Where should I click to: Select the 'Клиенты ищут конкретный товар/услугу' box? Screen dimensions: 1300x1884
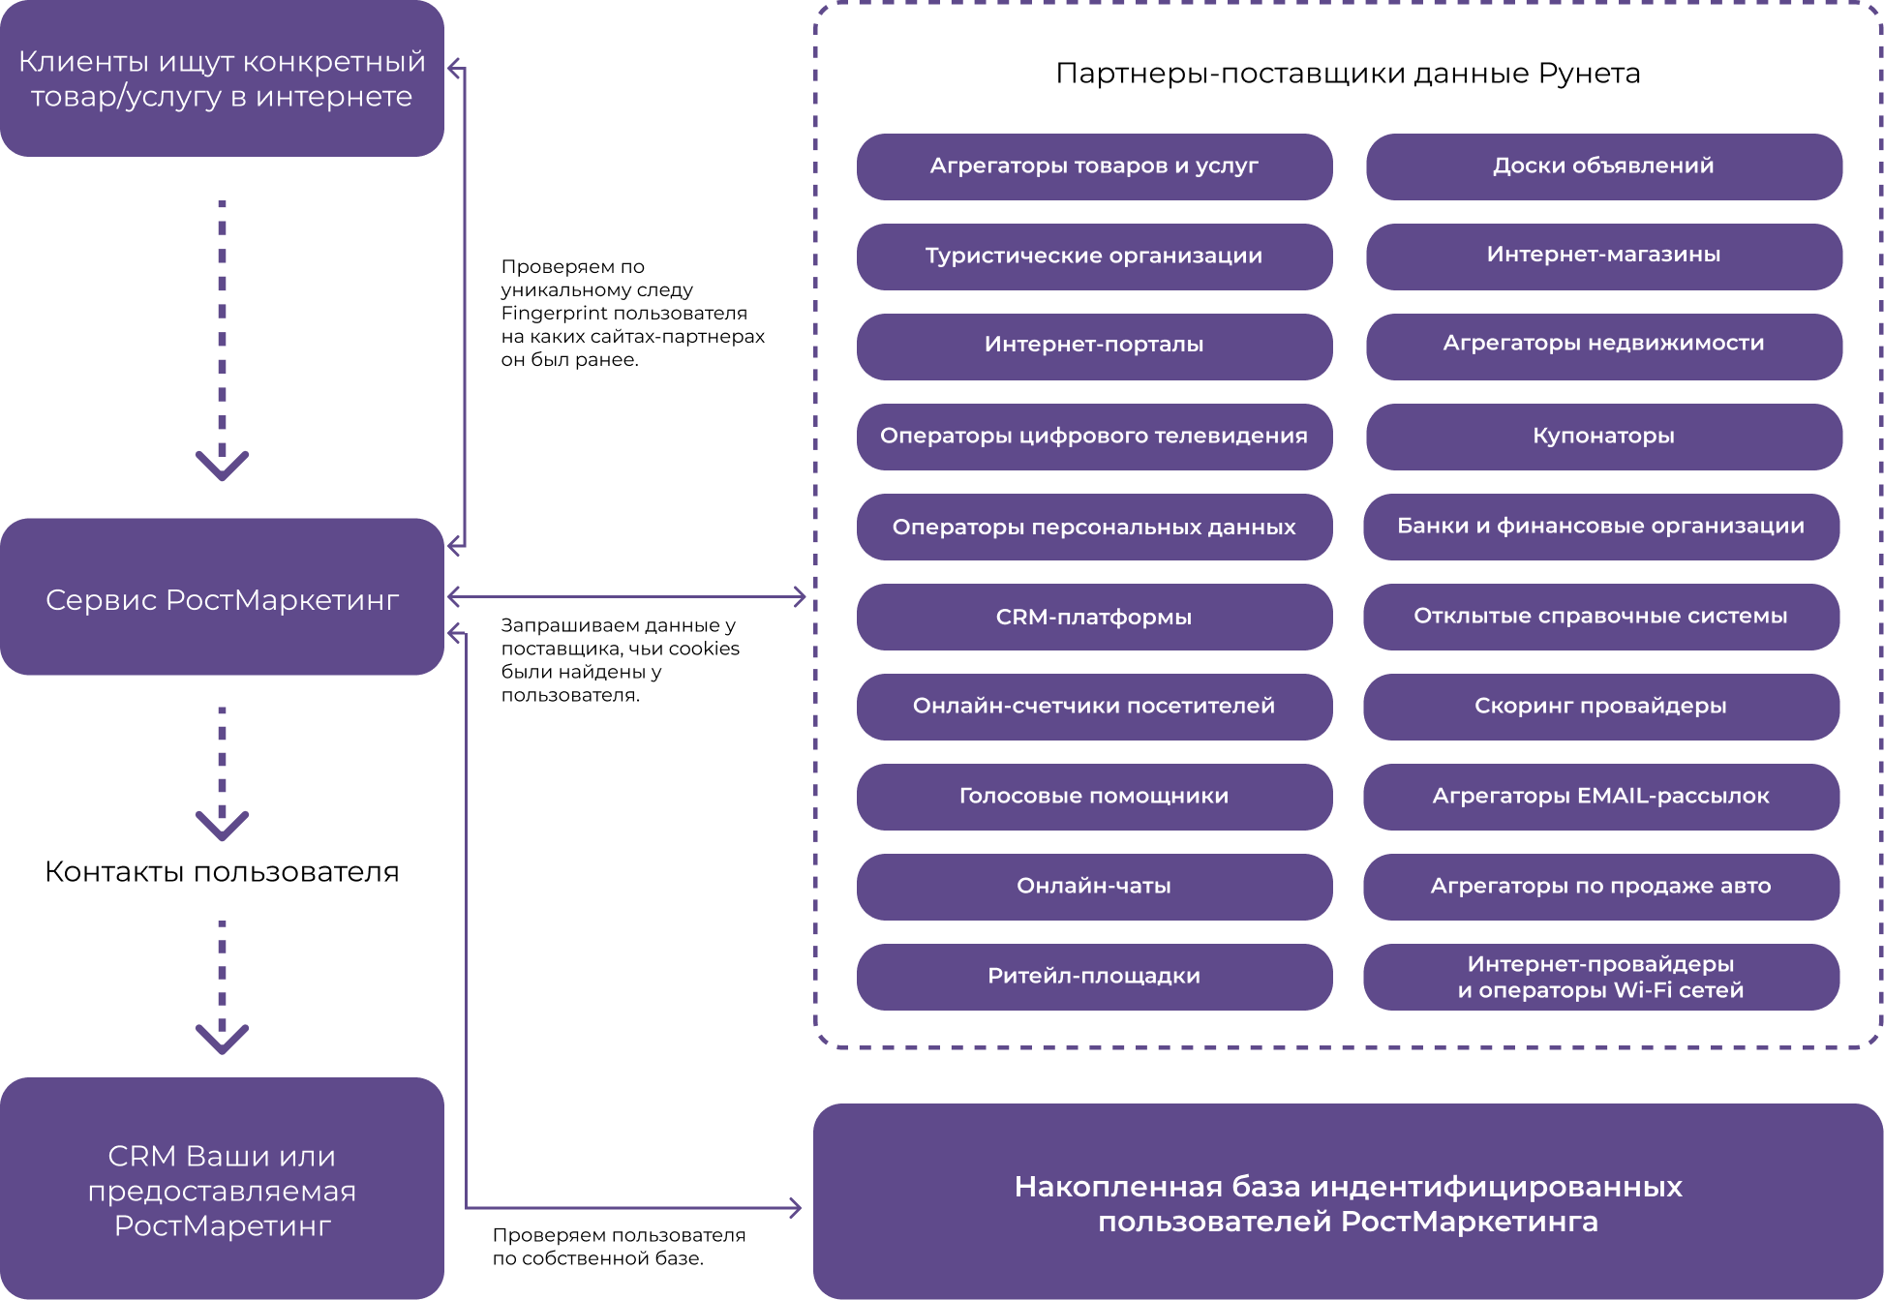pos(222,78)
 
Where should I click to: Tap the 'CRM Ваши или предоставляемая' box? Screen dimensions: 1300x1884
pos(222,1189)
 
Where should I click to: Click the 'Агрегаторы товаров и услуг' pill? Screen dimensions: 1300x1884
pos(1094,166)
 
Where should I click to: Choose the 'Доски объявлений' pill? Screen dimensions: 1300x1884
pos(1603,166)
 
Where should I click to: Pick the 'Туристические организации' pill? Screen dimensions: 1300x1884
pos(1094,257)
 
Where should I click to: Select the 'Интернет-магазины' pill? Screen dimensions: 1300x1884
pos(1603,256)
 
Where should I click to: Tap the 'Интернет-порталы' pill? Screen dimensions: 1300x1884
pos(1094,346)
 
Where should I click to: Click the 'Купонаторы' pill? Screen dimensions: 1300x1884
pos(1603,437)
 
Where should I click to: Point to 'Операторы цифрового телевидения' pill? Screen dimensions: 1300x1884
pos(1094,437)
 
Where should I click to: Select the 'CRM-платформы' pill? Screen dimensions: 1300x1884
pos(1094,617)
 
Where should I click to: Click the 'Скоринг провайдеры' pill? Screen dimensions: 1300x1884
pos(1600,707)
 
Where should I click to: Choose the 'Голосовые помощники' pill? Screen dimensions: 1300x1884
pos(1094,797)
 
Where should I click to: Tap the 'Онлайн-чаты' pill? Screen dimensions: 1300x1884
pos(1094,887)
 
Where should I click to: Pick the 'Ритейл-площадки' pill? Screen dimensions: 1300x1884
pos(1094,977)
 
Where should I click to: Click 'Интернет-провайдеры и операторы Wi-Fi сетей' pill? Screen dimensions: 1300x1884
pos(1600,977)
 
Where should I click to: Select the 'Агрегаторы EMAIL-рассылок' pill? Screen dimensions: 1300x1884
pos(1600,797)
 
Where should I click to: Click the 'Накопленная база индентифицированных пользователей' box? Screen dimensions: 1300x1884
pos(1348,1202)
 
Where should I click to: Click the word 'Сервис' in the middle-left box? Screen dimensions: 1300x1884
pos(101,601)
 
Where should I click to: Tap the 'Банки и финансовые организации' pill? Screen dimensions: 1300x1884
pos(1600,527)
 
